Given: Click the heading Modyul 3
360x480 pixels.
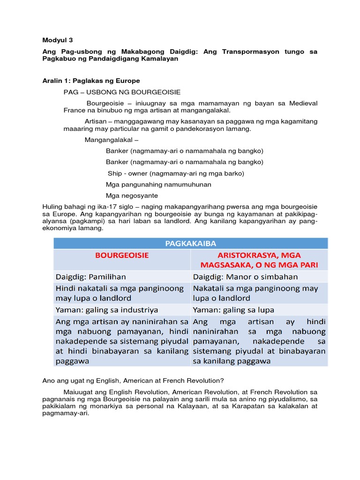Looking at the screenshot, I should pos(58,40).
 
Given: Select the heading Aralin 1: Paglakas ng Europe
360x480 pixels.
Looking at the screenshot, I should pos(91,81).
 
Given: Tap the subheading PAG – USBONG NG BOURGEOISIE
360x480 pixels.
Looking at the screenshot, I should pos(122,92).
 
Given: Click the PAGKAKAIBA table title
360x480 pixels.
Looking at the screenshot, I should pos(190,243).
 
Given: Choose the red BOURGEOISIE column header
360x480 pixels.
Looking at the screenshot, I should pos(122,255).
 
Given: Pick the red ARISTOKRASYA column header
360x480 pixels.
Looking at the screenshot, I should pos(259,260).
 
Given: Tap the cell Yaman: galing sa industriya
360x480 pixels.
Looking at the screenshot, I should pos(106,310).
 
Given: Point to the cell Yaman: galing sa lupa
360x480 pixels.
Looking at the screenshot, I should pos(233,310).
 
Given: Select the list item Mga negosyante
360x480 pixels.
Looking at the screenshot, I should pos(132,196).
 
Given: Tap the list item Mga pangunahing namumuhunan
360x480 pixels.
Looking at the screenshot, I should pos(158,185).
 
